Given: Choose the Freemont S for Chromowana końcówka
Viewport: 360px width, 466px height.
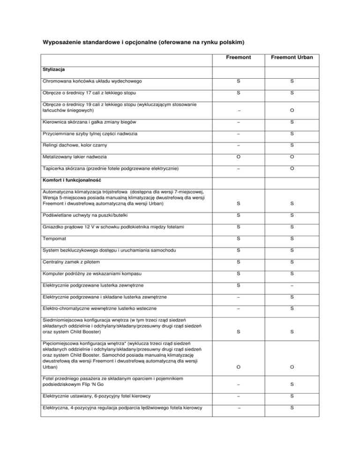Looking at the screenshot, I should click(238, 82).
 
